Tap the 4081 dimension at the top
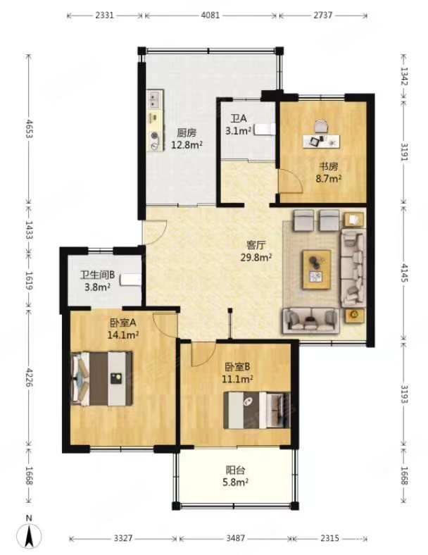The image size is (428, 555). pos(210,15)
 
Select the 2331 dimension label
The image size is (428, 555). pos(105,15)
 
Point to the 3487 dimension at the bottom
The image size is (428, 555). pos(236,538)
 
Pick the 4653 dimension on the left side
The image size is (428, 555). pos(29,129)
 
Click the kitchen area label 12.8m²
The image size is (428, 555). pos(187,145)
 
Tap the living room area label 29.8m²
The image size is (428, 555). pos(256,258)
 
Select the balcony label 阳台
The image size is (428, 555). pos(236,470)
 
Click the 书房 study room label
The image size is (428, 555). pos(329,166)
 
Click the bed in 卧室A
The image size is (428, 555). pos(102,378)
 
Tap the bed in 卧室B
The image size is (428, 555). pos(257,410)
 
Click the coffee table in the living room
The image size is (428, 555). pos(317,270)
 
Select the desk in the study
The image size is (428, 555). pos(322,141)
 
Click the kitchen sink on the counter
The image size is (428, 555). pos(156,100)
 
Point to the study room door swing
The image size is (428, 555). pos(291,181)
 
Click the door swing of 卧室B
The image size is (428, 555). pos(203,354)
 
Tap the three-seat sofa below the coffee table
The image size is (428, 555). pos(311,320)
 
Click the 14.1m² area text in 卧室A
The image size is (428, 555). pos(122,335)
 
